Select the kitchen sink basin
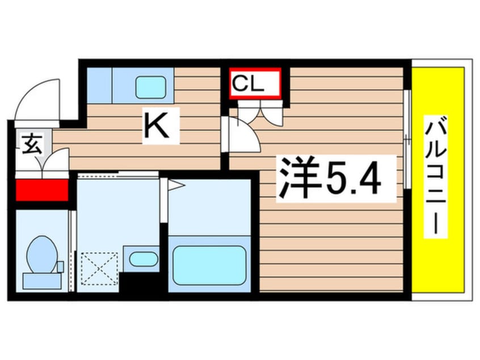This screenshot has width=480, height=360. (150, 86)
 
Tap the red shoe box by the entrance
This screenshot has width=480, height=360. (41, 190)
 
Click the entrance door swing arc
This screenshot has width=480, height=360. (36, 99)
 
